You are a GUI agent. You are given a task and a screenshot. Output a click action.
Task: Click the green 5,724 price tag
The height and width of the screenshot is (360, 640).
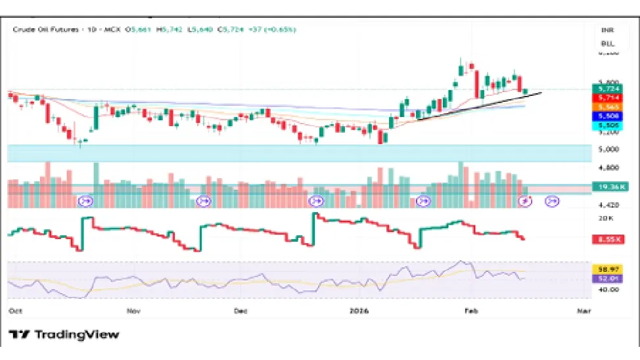pyautogui.click(x=606, y=88)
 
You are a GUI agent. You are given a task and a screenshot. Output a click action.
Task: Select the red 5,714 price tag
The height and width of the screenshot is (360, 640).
pyautogui.click(x=606, y=97)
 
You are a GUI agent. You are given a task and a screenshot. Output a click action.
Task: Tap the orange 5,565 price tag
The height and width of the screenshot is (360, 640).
pyautogui.click(x=606, y=106)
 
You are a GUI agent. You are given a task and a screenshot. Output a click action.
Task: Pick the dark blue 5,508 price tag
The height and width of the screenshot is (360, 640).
pyautogui.click(x=606, y=116)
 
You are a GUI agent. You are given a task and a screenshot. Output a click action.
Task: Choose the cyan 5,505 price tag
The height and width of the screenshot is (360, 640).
pyautogui.click(x=606, y=125)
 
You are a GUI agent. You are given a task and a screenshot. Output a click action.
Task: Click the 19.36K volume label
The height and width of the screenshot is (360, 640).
pyautogui.click(x=606, y=187)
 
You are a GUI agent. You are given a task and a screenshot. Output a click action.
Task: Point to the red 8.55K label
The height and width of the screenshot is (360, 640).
pyautogui.click(x=606, y=240)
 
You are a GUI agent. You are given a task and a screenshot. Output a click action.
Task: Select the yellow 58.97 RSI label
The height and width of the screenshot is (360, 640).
pyautogui.click(x=606, y=269)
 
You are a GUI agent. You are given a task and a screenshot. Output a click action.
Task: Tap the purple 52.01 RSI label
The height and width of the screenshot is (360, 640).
pyautogui.click(x=606, y=279)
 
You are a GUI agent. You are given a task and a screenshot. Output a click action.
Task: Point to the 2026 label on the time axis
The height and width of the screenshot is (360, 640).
pyautogui.click(x=360, y=309)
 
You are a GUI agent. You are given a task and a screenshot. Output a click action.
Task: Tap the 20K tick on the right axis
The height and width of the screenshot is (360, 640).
pyautogui.click(x=605, y=217)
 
